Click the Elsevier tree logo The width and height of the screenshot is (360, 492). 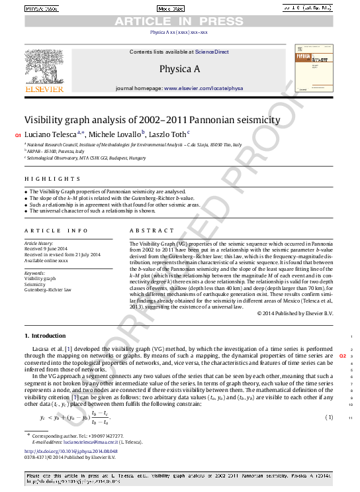pyautogui.click(x=44, y=66)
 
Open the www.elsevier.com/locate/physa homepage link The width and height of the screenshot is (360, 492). pyautogui.click(x=204, y=88)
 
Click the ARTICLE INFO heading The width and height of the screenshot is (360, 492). pyautogui.click(x=56, y=230)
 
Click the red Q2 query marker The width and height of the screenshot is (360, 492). pyautogui.click(x=343, y=356)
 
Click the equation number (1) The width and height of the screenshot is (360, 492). pyautogui.click(x=329, y=417)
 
